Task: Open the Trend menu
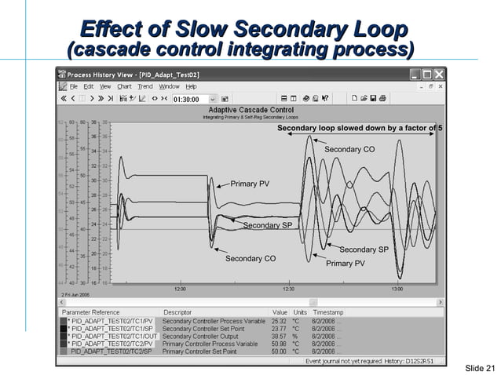[x=145, y=86]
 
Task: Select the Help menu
[x=191, y=86]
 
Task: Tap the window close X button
[x=440, y=75]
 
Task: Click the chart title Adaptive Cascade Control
[x=249, y=111]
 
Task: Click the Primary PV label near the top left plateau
[x=250, y=184]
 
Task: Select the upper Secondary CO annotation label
[x=349, y=149]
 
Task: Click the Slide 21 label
[x=481, y=368]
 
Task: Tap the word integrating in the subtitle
[x=274, y=51]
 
